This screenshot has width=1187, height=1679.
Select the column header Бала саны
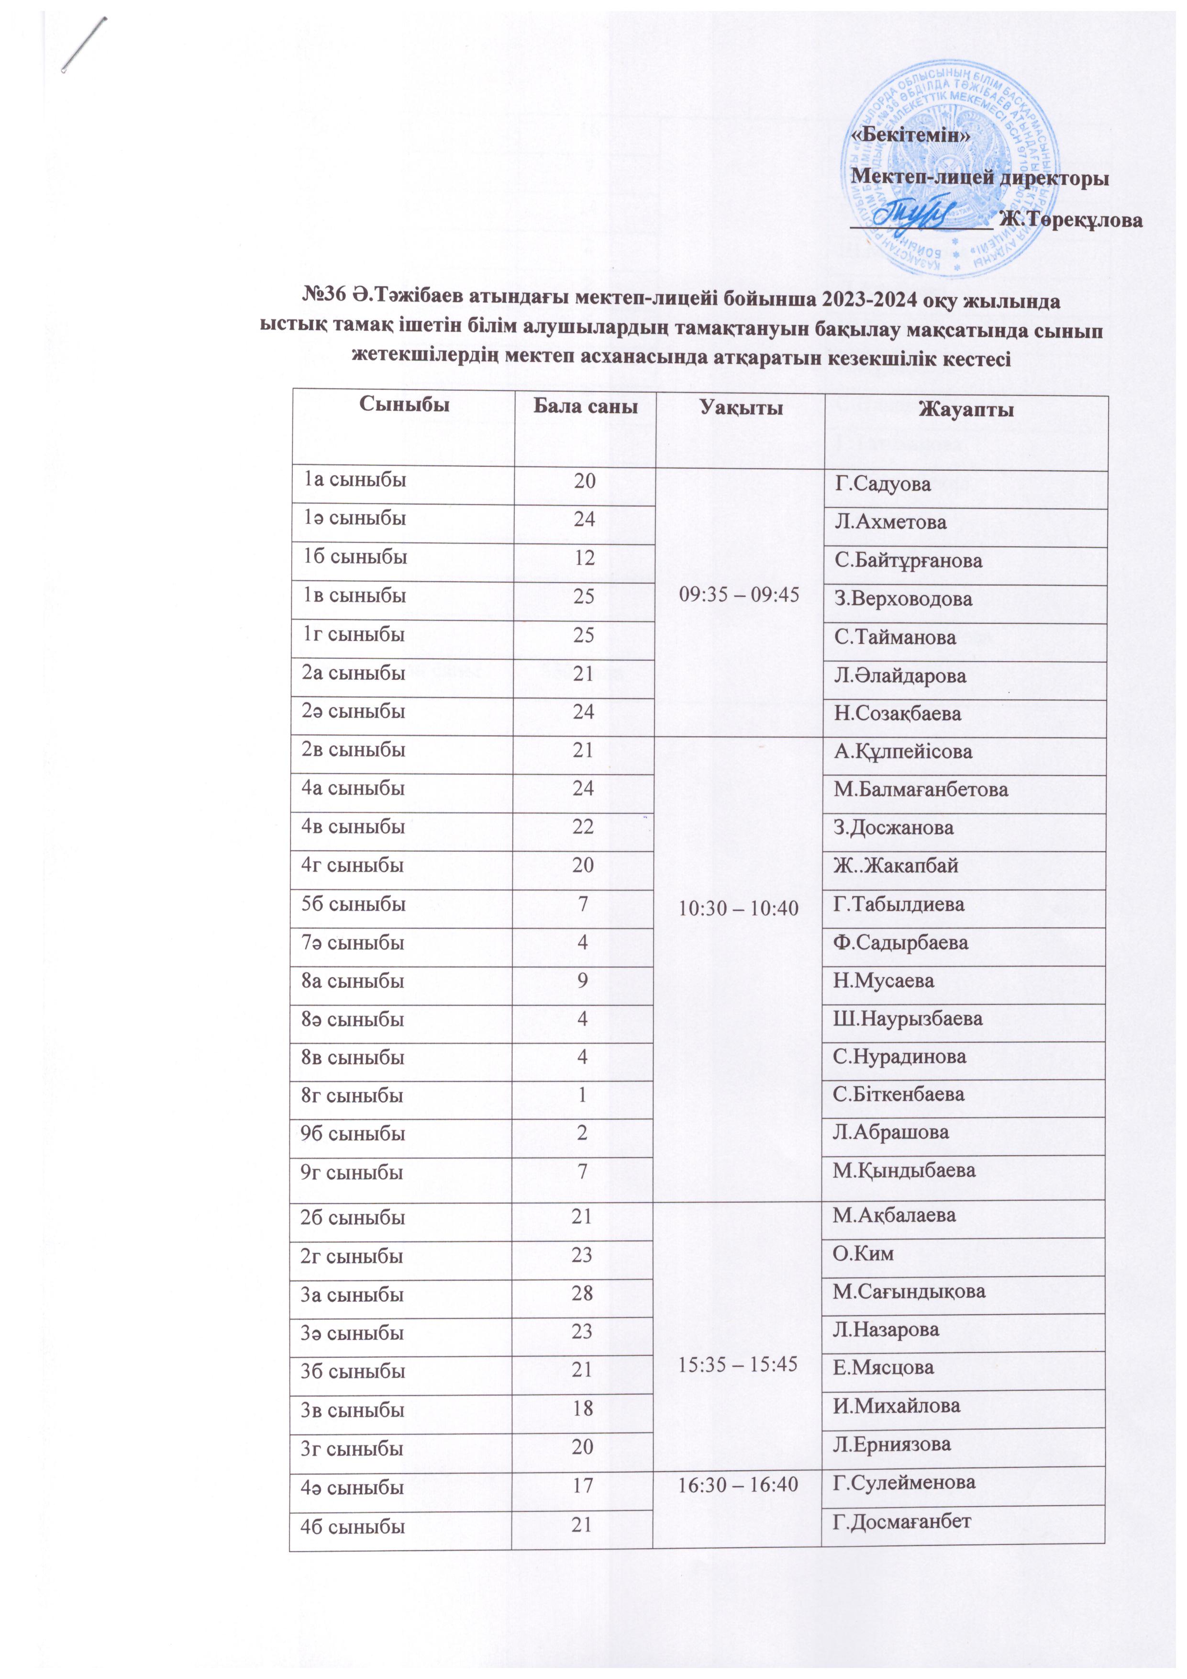(585, 406)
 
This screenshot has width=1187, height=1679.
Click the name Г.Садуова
(882, 484)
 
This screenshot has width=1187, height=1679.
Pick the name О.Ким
(863, 1253)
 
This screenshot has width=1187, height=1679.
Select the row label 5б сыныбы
(353, 904)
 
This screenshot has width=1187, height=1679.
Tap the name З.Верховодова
(903, 599)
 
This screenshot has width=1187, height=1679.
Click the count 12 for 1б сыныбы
(583, 558)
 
